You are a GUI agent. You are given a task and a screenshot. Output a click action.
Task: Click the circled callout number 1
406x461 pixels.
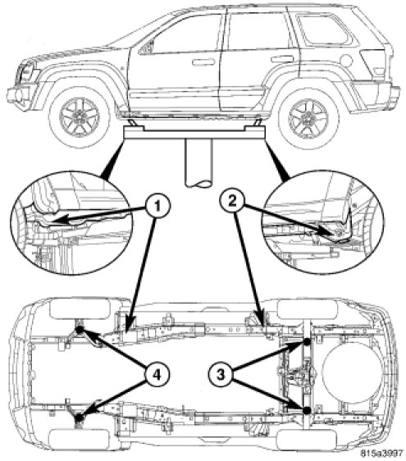158,206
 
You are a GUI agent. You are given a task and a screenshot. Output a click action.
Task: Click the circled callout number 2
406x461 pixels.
232,202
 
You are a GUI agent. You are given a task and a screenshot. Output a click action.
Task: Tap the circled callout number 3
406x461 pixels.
221,375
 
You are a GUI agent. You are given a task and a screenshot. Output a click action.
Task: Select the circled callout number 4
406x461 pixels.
157,375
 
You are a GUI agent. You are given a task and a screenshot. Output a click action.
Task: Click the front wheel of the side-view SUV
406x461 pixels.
80,116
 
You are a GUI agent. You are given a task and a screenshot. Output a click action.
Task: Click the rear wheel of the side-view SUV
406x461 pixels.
308,118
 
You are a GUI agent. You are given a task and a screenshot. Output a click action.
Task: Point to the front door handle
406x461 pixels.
203,62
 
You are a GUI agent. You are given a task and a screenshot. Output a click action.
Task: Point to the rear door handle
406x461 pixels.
282,59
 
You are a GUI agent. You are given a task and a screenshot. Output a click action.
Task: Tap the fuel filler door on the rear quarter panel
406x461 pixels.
346,60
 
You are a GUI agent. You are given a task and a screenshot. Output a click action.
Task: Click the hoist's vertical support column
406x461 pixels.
198,162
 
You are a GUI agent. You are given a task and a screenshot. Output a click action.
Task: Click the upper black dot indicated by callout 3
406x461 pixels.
307,341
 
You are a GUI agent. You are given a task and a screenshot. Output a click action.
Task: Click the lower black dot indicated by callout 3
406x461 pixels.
306,410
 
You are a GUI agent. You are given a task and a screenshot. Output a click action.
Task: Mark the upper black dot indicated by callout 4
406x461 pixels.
80,330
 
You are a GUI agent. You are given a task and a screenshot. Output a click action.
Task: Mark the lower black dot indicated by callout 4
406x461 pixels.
79,418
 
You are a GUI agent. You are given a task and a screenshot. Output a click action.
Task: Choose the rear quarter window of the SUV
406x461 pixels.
325,30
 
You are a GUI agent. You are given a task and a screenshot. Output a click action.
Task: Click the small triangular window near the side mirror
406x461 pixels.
148,47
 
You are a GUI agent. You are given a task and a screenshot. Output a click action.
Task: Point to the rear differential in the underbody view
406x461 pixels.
301,375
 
